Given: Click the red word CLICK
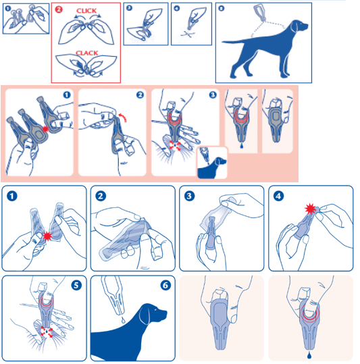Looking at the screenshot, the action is (x=86, y=11).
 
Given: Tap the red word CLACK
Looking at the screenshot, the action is (x=87, y=53).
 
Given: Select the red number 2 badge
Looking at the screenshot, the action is (x=59, y=9).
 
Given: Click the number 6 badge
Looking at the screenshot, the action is (x=165, y=285).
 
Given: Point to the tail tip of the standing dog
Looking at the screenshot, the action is (x=223, y=42).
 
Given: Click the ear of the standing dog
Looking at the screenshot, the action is (x=294, y=26).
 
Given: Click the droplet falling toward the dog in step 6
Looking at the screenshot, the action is (x=123, y=320).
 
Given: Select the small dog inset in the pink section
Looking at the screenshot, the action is (x=211, y=163).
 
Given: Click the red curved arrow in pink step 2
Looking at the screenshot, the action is (x=124, y=118).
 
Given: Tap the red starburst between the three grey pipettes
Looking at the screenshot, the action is (x=45, y=129).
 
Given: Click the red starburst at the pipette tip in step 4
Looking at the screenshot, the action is (x=310, y=209).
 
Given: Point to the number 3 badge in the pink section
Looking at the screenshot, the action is (x=213, y=95).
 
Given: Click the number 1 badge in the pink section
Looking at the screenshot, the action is (x=67, y=95).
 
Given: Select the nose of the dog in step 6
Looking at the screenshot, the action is (x=165, y=312).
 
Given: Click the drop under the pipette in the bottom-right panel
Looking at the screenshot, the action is (x=309, y=355).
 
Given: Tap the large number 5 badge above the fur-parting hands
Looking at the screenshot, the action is (x=76, y=285).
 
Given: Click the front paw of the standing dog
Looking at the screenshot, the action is (x=286, y=76).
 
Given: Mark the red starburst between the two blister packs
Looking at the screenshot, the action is (x=47, y=236).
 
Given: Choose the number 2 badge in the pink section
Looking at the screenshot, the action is (x=140, y=95).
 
